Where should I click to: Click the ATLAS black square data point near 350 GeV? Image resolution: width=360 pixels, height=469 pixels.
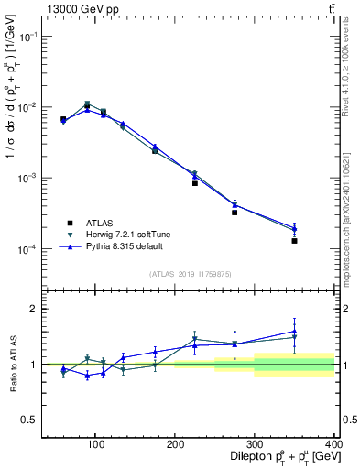pos(294,241)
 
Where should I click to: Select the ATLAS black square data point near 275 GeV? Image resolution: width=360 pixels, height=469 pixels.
pos(235,213)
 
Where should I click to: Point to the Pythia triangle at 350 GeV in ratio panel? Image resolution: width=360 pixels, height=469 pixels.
pos(294,332)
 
